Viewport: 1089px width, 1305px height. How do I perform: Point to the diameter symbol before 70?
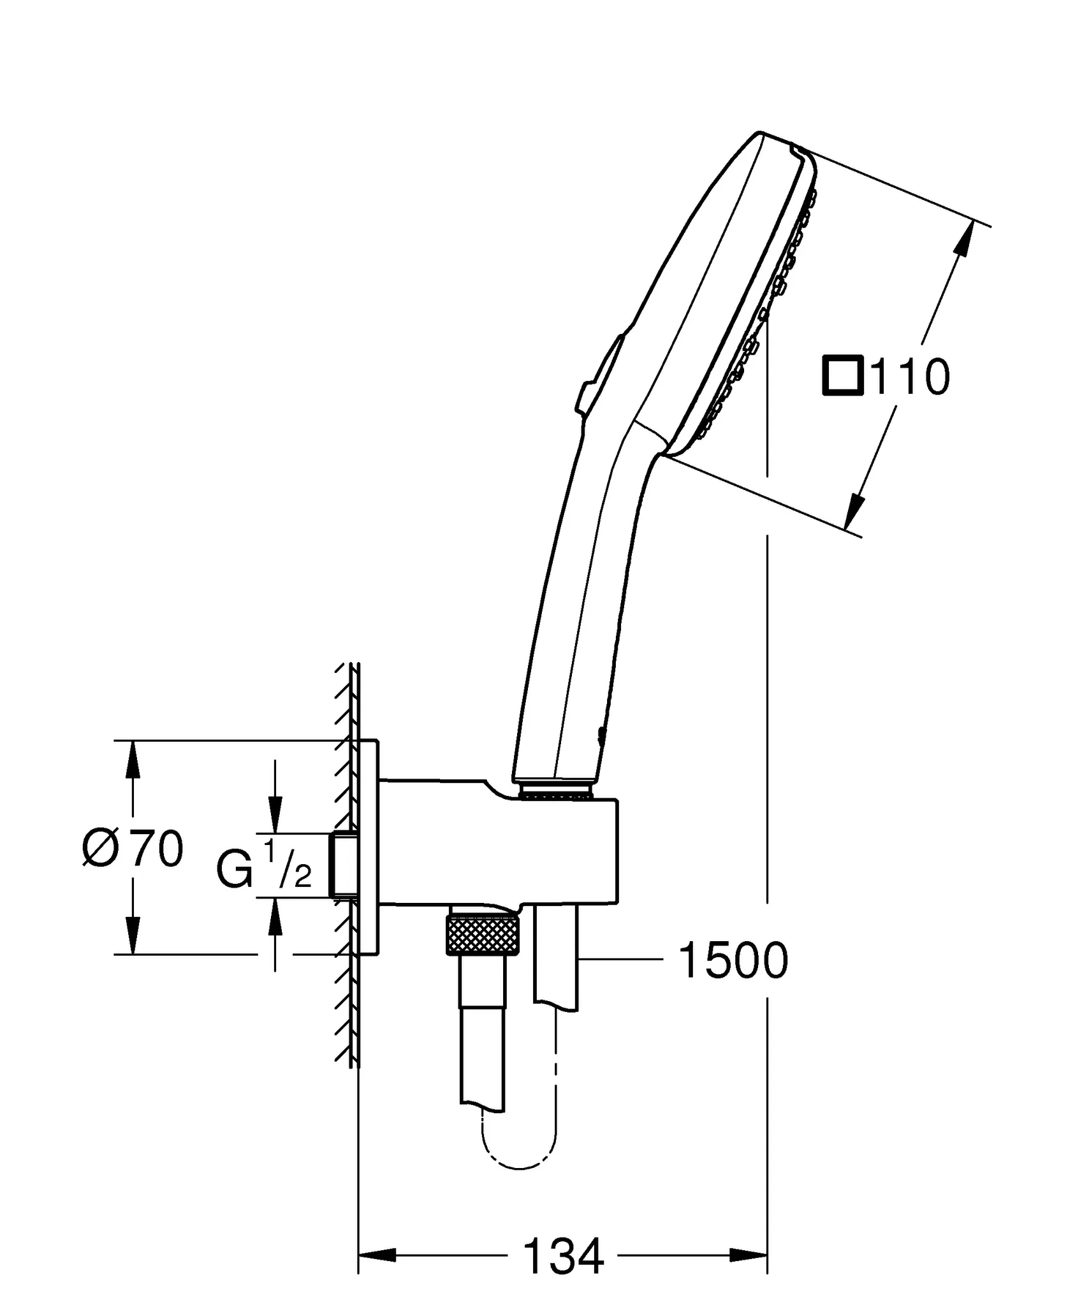[x=101, y=849]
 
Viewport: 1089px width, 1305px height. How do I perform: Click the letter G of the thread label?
[x=235, y=871]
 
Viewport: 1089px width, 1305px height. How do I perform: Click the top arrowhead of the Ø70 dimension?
[x=132, y=760]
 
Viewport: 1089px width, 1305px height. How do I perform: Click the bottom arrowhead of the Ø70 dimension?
[x=132, y=935]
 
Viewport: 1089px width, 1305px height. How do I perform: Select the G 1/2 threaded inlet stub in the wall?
[x=343, y=865]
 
